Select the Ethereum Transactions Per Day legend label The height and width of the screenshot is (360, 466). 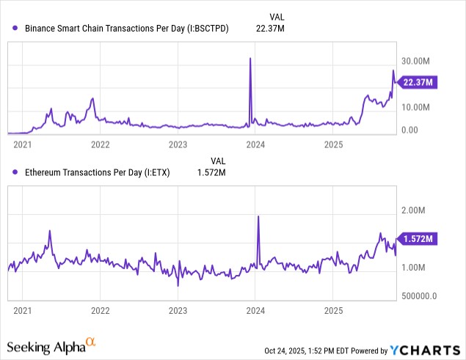click(x=102, y=172)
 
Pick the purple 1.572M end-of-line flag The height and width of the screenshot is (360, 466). click(x=418, y=239)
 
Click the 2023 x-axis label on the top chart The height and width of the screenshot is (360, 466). click(x=178, y=145)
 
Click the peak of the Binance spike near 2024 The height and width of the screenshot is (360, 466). click(x=250, y=58)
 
